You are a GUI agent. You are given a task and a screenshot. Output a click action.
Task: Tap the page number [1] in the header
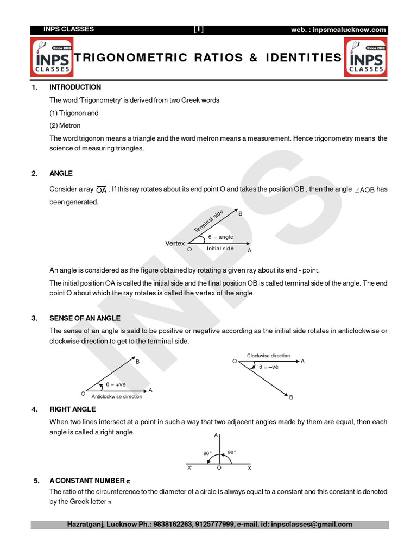point(199,29)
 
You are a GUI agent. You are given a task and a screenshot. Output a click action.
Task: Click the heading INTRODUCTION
point(75,87)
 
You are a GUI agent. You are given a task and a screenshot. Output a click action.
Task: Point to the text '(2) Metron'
point(65,125)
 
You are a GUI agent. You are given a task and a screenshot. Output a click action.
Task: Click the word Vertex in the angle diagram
point(175,243)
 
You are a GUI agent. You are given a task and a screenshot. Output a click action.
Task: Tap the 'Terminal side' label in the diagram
point(209,222)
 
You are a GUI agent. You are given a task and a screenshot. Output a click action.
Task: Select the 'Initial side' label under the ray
point(220,249)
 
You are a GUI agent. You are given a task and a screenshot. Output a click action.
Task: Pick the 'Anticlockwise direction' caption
point(117,396)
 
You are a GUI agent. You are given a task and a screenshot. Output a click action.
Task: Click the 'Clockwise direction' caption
point(268,356)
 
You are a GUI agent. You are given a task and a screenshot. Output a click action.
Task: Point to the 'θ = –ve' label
point(268,367)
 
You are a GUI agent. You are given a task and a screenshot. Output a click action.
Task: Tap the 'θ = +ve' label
point(116,384)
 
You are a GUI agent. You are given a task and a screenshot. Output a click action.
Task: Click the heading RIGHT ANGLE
point(72,409)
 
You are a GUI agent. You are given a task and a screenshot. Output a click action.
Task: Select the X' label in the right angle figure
point(189,467)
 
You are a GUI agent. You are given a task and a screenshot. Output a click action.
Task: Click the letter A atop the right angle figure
point(216,435)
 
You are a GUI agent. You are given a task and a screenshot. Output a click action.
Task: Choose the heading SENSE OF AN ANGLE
point(85,318)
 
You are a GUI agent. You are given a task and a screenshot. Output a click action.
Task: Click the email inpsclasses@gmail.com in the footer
point(308,525)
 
